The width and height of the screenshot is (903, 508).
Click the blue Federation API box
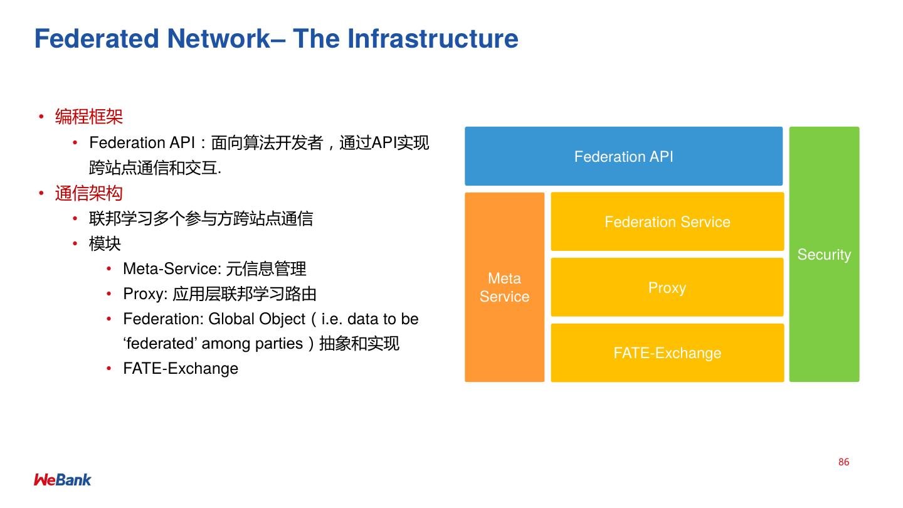tap(623, 156)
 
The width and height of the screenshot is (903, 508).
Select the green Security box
tap(824, 254)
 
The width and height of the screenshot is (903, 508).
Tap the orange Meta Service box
tap(504, 287)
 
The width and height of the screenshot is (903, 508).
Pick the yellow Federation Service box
tap(667, 221)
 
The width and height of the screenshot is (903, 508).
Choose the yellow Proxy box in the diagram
tap(667, 287)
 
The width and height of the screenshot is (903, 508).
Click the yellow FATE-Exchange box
tap(667, 352)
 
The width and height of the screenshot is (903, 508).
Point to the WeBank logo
tap(63, 480)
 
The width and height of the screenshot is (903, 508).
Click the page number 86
tap(843, 462)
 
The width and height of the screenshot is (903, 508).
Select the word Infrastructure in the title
tap(433, 39)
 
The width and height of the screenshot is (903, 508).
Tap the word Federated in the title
tap(97, 39)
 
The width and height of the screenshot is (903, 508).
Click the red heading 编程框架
tap(89, 117)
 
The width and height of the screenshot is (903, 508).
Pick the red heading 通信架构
tap(89, 193)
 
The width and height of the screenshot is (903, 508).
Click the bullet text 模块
tap(105, 243)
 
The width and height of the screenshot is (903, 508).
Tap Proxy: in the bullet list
tap(145, 294)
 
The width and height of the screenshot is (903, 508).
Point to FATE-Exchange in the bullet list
tap(181, 368)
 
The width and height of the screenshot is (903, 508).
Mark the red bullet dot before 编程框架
tap(41, 117)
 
